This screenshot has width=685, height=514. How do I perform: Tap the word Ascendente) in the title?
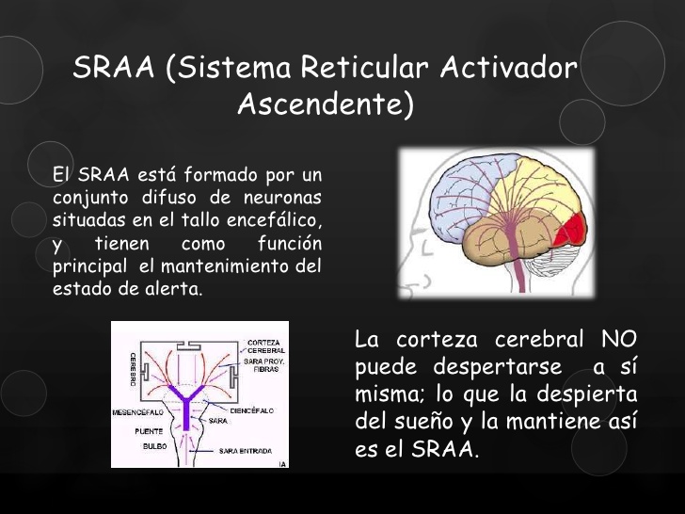pyautogui.click(x=325, y=104)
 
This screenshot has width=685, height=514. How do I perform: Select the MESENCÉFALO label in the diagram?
pyautogui.click(x=137, y=412)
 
